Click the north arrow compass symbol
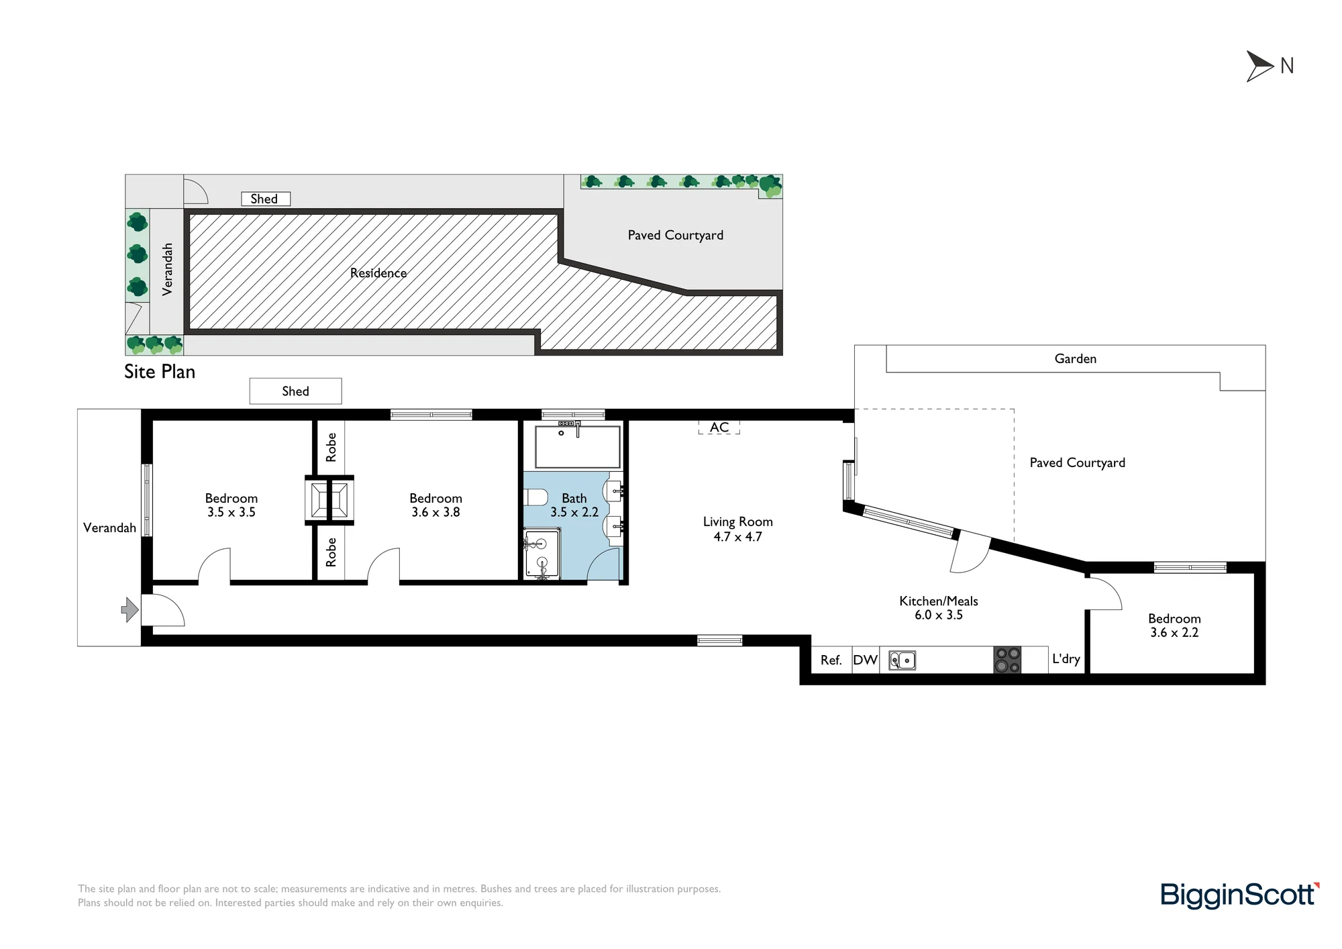[1259, 66]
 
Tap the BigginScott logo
[1240, 895]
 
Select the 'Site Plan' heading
[160, 372]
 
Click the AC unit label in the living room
[719, 428]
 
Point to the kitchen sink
[902, 660]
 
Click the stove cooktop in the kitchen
[1007, 660]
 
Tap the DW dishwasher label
[866, 660]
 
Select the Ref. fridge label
[831, 660]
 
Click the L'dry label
[1066, 659]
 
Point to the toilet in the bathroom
[535, 497]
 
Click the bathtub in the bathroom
[578, 446]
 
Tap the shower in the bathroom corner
[541, 554]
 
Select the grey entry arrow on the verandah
[130, 610]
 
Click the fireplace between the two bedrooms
[329, 499]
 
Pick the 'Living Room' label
[738, 522]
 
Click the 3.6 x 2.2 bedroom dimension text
[1174, 633]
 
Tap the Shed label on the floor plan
[295, 391]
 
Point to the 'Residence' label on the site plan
[378, 273]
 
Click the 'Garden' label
[1076, 359]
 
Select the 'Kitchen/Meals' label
[939, 601]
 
